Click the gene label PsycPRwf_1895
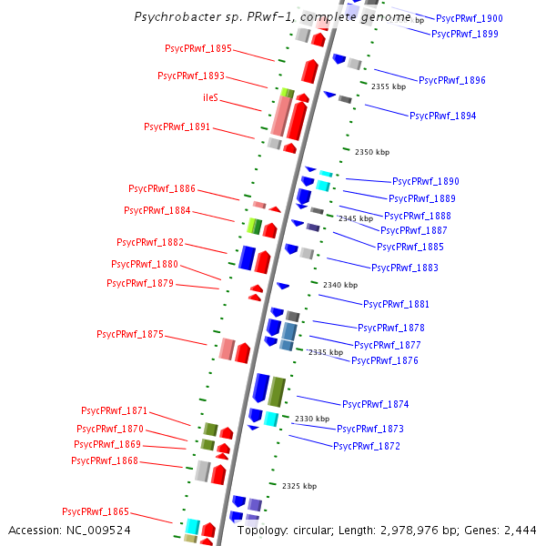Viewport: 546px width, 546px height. tap(198, 48)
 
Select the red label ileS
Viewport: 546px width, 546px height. tap(210, 97)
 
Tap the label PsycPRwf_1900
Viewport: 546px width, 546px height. tap(470, 18)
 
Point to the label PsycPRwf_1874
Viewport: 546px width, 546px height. tap(376, 404)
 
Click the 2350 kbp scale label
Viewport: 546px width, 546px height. tap(371, 152)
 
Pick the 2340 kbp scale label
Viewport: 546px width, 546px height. tap(339, 285)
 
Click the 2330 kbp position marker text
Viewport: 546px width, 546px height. tap(310, 419)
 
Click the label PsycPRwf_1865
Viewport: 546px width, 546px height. tap(96, 511)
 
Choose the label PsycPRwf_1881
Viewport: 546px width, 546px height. tap(396, 304)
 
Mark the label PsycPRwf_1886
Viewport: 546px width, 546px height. tap(162, 189)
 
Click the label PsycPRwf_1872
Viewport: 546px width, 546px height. tap(367, 446)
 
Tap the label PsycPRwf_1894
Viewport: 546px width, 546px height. tap(442, 116)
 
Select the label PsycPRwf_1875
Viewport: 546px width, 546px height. tap(130, 335)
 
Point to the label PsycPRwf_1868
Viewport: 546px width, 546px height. tap(105, 461)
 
